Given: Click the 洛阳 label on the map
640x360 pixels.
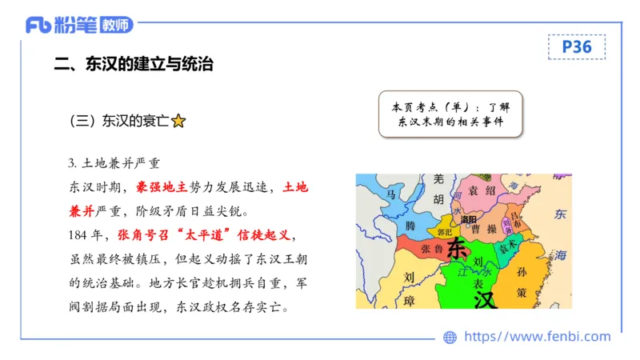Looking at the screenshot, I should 469,219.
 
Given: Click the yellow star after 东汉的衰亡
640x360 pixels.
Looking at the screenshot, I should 178,122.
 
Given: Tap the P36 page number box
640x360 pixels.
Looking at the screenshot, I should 576,47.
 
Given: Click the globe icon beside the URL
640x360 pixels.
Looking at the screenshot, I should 450,337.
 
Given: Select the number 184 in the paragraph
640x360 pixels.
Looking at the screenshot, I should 79,237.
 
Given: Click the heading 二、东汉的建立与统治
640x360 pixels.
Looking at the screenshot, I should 133,64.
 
